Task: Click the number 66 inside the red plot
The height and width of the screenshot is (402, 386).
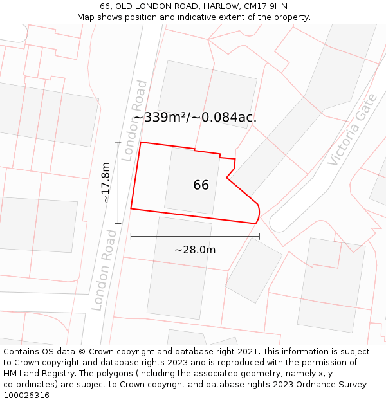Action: (x=201, y=185)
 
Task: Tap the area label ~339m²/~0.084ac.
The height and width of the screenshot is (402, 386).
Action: (x=195, y=117)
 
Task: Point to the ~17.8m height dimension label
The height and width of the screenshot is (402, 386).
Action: (x=106, y=183)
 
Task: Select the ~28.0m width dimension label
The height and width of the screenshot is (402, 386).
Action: (x=195, y=250)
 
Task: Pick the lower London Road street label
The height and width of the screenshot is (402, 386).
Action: (x=104, y=270)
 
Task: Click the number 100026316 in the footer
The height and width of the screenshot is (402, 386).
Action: (x=27, y=396)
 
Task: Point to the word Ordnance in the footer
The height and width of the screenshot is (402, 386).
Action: (x=317, y=385)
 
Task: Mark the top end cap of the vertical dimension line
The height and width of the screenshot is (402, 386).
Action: (x=118, y=142)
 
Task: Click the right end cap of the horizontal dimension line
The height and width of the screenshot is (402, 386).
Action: (x=259, y=237)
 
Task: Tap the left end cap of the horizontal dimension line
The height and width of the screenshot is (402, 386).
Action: (x=131, y=237)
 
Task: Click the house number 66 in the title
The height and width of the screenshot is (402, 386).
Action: (x=105, y=6)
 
